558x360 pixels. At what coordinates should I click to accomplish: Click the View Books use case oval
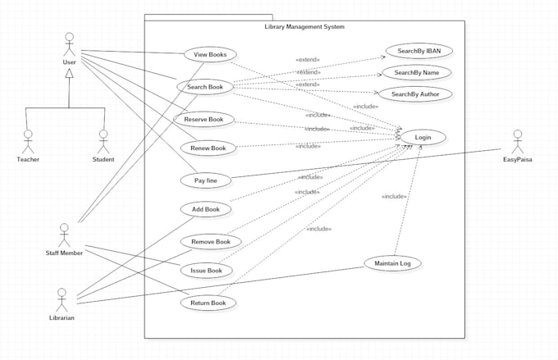[204, 55]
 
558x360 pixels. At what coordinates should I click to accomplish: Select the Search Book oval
[204, 86]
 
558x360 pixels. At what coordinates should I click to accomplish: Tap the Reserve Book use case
[204, 119]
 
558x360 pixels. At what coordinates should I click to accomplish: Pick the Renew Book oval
[208, 148]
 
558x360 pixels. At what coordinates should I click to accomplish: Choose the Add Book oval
[205, 209]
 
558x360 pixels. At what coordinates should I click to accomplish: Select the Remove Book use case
[211, 241]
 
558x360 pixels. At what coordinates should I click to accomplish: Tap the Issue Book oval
[206, 270]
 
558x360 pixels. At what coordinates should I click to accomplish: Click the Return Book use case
[208, 303]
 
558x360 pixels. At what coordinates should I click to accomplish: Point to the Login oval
[423, 137]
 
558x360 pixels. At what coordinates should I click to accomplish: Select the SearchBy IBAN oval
[418, 51]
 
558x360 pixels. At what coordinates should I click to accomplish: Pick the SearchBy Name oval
[418, 72]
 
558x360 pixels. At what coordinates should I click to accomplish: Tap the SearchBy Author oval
[414, 93]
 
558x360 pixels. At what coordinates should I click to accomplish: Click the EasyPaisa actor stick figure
[517, 141]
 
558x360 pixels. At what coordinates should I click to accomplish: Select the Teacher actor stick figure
[28, 141]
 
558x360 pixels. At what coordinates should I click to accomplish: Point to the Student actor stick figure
[103, 141]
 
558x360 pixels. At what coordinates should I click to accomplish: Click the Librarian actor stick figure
[62, 298]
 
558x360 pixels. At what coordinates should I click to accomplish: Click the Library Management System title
[304, 27]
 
